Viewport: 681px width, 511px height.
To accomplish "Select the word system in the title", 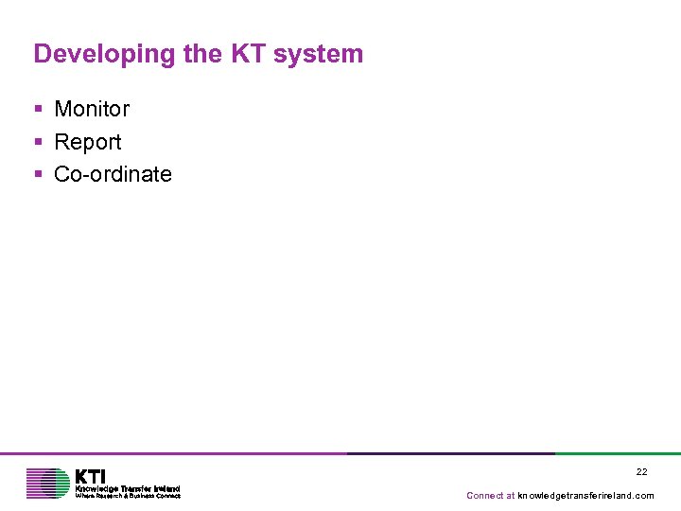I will point(319,54).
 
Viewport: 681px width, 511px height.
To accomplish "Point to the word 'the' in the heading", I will point(202,54).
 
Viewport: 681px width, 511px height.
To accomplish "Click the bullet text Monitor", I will point(92,109).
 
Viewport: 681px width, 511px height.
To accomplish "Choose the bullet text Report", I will point(88,142).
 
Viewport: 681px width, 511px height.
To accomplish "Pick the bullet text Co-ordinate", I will point(113,174).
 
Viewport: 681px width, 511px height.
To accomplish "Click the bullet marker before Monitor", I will point(39,110).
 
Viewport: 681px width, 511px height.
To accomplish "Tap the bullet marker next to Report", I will point(39,143).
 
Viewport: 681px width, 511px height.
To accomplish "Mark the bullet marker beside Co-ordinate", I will point(39,175).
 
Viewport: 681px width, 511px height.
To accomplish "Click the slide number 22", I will point(641,471).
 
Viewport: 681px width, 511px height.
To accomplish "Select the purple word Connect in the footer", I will point(484,496).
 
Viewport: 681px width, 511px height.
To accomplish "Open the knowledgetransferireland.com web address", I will point(585,496).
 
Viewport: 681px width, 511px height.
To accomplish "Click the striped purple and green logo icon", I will point(47,483).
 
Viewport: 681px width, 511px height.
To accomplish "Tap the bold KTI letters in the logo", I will point(91,476).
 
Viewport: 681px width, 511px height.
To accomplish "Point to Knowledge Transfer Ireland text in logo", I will point(127,488).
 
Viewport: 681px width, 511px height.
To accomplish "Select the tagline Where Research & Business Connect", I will point(127,496).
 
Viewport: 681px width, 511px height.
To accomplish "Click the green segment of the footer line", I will point(617,453).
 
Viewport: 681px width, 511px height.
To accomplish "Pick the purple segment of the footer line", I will point(170,453).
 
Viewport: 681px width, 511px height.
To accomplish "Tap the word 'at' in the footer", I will point(511,496).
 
